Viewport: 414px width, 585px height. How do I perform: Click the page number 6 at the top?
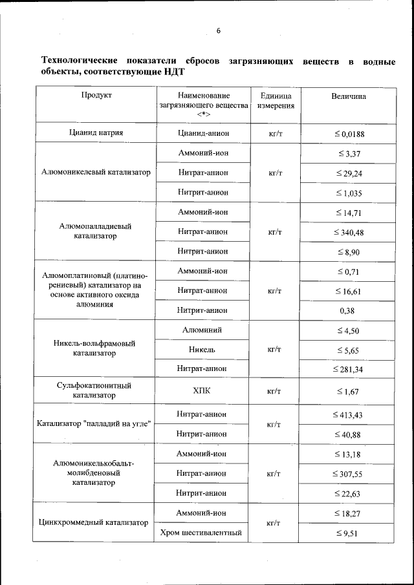pos(218,31)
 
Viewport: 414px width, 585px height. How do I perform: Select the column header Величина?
pos(348,96)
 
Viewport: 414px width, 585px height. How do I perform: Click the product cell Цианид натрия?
pos(96,133)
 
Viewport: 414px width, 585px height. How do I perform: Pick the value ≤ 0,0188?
pos(349,134)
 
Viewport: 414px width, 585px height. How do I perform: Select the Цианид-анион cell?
pos(204,133)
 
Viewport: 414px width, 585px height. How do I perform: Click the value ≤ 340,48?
pos(349,231)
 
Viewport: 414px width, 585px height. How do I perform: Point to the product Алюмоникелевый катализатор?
pos(96,173)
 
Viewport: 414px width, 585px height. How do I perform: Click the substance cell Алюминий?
pos(204,330)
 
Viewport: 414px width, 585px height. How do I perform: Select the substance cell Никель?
pos(204,349)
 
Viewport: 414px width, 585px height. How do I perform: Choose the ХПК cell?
pos(204,390)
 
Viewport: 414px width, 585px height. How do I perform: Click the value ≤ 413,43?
pos(349,414)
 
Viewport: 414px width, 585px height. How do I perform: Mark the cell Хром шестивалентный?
pos(204,533)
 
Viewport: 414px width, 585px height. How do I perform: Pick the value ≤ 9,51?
pos(349,533)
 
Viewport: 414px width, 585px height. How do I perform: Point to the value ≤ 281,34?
pos(349,368)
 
